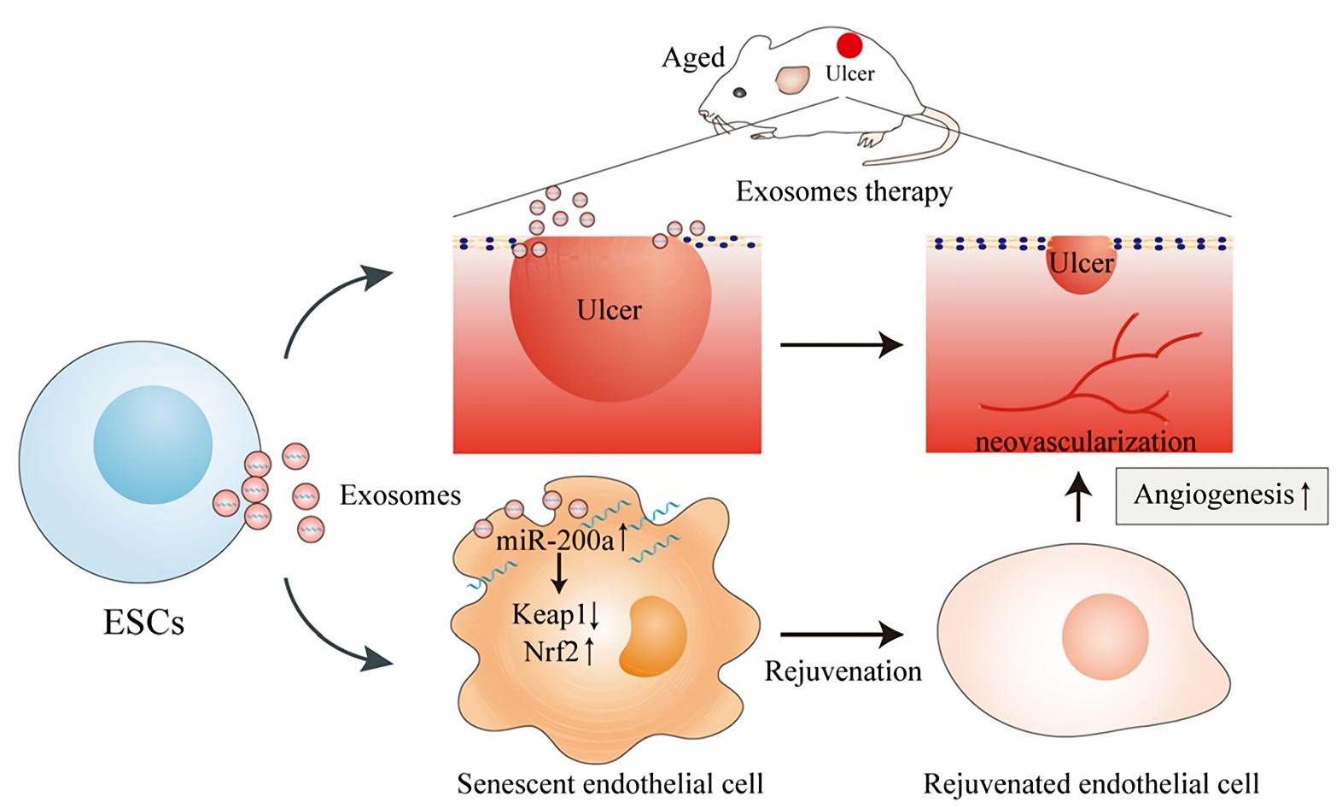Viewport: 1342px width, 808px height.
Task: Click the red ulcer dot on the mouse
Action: [849, 45]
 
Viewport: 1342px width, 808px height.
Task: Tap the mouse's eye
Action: [740, 92]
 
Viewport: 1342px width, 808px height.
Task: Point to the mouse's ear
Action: [792, 80]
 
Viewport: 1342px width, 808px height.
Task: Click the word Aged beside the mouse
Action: [693, 58]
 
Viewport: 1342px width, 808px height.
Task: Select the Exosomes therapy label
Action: [843, 191]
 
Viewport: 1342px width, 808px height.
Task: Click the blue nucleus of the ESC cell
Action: [153, 445]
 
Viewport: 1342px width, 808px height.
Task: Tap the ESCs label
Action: [143, 623]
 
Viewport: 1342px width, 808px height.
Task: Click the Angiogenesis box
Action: [1221, 495]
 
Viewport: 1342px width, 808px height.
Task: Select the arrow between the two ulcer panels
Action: [841, 345]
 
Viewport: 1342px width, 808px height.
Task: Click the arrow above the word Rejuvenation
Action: [841, 635]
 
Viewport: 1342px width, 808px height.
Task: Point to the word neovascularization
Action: [1085, 442]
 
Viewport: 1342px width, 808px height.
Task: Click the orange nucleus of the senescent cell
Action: [654, 637]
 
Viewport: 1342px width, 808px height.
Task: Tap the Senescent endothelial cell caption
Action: [610, 783]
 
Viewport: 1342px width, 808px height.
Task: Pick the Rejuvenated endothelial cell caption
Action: [1091, 783]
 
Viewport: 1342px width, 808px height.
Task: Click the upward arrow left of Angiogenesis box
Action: [1080, 495]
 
